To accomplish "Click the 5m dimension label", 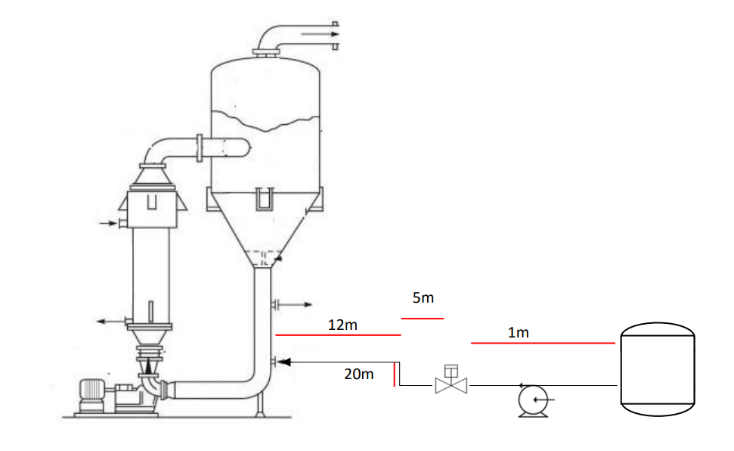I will tap(423, 298).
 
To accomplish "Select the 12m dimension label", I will tap(342, 325).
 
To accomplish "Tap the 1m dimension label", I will tap(519, 332).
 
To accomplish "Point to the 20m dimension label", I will tap(359, 374).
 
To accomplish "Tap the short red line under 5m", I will tap(423, 319).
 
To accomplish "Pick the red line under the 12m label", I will tap(338, 334).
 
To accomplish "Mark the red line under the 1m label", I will tap(543, 344).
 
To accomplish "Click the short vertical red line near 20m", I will tap(394, 375).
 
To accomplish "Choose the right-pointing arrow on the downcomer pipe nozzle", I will tap(298, 304).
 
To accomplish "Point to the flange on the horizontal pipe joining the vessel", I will tap(200, 147).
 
